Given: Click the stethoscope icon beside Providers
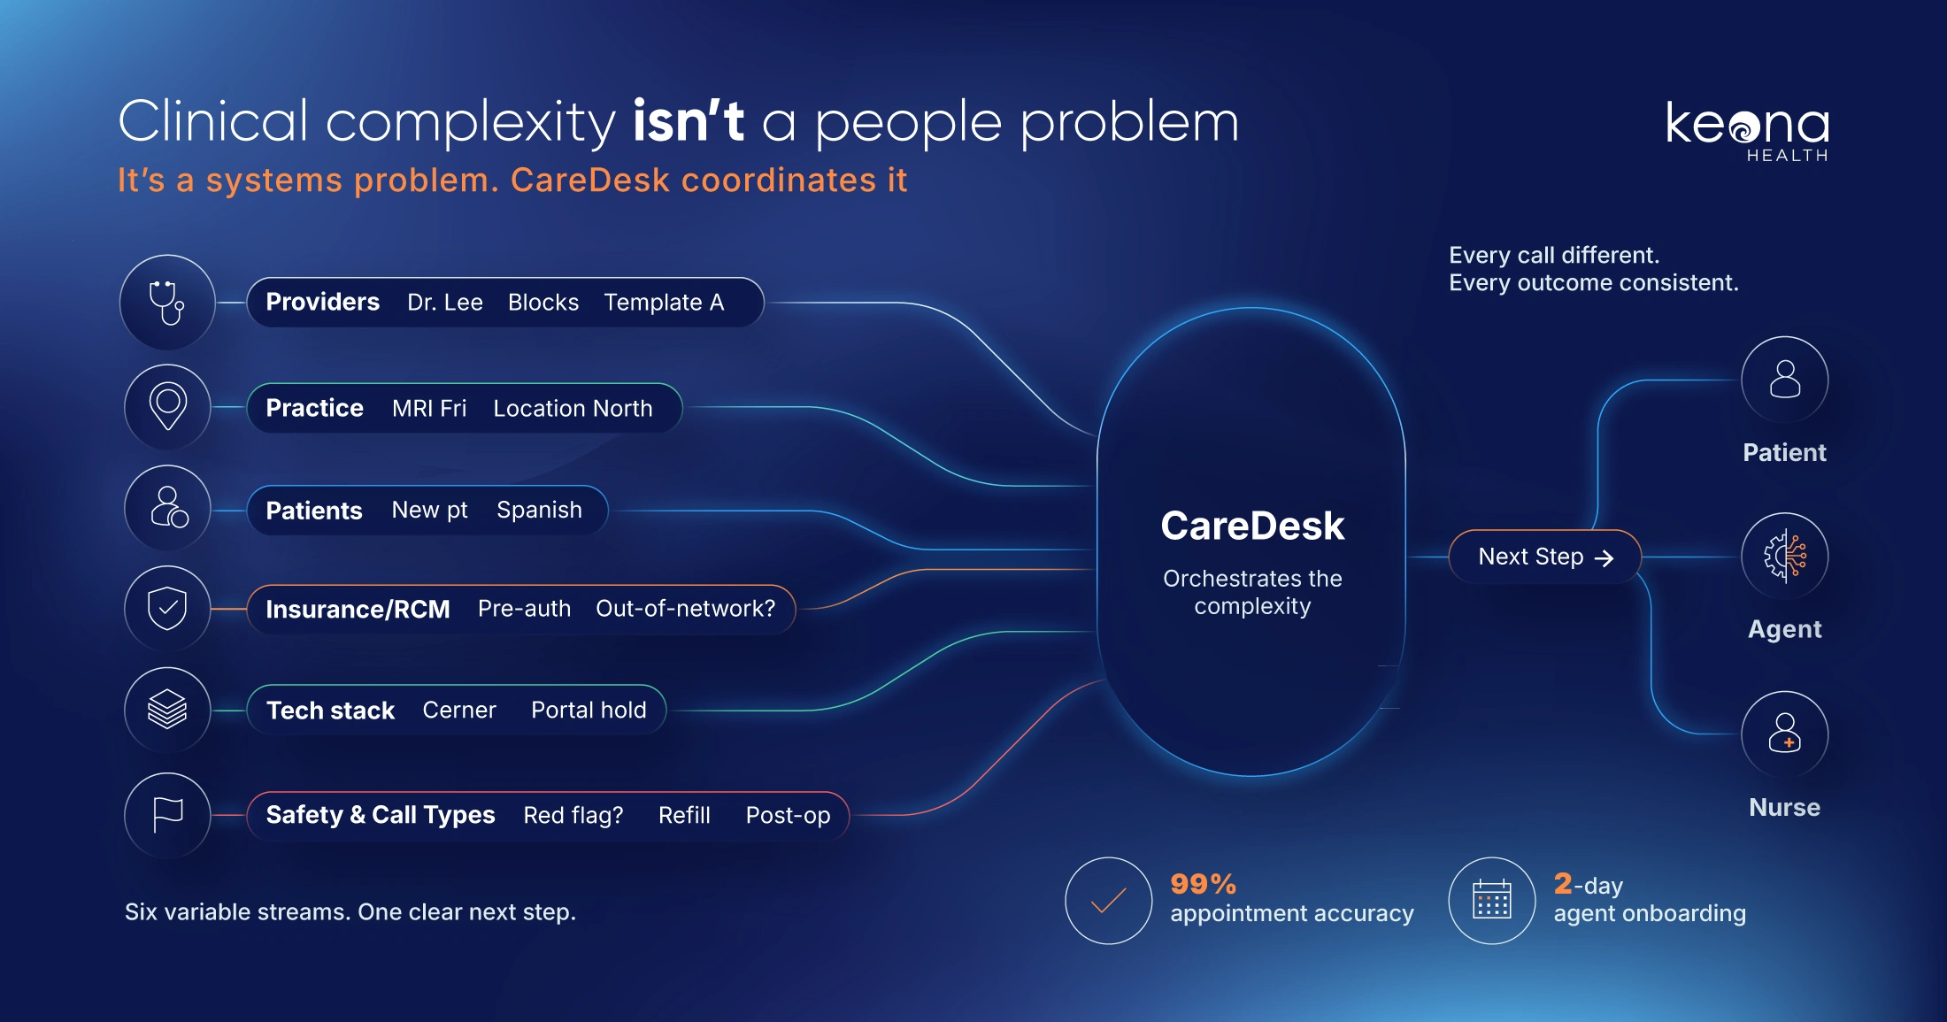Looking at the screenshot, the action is tap(166, 303).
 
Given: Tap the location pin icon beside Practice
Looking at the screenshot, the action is tap(167, 406).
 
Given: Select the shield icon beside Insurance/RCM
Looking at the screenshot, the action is tap(167, 608).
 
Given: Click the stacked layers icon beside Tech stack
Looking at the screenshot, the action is tap(167, 709).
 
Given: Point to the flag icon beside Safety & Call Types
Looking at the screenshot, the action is tap(167, 814).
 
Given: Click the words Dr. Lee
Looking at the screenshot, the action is tap(445, 303).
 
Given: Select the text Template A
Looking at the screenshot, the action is tap(664, 303).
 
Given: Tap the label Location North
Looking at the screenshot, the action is tap(573, 408).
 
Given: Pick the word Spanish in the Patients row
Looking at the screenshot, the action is tap(539, 511).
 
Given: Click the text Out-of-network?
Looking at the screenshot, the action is tap(685, 609).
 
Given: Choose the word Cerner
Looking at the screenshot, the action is tap(459, 710).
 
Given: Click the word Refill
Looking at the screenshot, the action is tap(684, 815).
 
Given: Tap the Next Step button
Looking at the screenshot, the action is tap(1545, 557).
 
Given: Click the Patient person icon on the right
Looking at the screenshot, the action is tap(1784, 380).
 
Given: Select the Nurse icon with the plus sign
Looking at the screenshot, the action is tap(1784, 734).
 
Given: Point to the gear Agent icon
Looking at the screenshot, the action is tap(1784, 557).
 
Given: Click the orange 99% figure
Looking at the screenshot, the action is tap(1203, 884).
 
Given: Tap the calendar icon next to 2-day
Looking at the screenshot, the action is tap(1492, 900).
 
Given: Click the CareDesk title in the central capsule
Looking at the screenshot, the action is tap(1252, 526).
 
